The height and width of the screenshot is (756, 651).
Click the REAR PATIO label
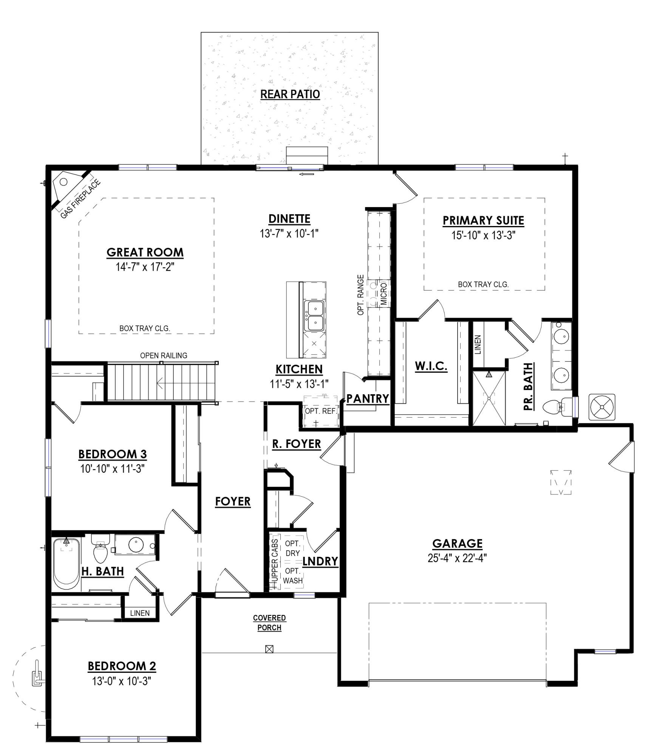(x=290, y=94)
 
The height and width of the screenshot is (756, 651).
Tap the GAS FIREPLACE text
(x=80, y=199)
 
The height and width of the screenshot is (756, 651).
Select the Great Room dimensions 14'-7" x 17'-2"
(x=145, y=267)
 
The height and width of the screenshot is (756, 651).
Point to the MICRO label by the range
(x=384, y=293)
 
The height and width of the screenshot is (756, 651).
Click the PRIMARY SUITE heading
(x=483, y=220)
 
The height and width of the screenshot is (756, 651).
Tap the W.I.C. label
(x=431, y=366)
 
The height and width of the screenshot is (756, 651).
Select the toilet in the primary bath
(x=555, y=407)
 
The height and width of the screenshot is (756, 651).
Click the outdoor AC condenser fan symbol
(x=602, y=407)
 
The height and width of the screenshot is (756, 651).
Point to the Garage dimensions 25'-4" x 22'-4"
(x=457, y=558)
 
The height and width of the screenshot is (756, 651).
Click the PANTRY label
(x=368, y=398)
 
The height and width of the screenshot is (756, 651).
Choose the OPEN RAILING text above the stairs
(x=164, y=355)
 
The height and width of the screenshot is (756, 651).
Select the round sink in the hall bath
(x=136, y=545)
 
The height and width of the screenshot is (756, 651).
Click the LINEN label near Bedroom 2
(x=140, y=613)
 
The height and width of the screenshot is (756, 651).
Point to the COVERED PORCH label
(x=269, y=623)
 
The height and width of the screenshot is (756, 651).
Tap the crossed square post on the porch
(x=269, y=649)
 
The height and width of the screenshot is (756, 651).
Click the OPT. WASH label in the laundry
(x=292, y=575)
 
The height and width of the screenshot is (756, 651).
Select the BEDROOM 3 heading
(x=112, y=454)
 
